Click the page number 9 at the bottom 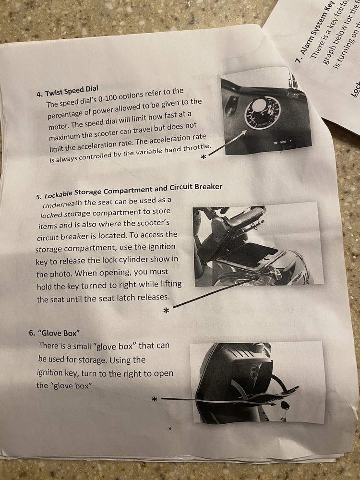click(x=170, y=428)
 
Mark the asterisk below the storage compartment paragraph click(x=166, y=311)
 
